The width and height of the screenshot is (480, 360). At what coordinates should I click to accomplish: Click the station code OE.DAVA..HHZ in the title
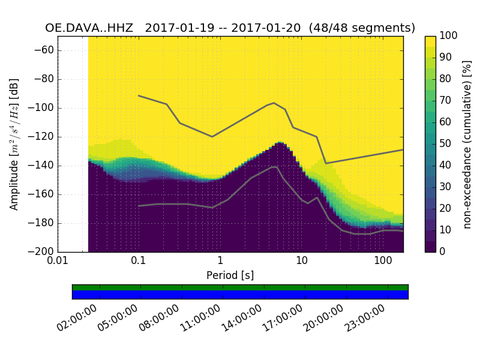91,28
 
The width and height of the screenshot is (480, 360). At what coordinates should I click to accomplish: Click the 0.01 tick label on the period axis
58,262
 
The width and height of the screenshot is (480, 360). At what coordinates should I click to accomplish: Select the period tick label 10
302,262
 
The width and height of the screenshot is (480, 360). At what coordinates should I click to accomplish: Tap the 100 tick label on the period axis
383,262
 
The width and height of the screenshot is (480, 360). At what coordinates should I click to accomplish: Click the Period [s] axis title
230,275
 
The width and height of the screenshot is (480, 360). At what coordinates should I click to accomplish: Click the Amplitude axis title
14,144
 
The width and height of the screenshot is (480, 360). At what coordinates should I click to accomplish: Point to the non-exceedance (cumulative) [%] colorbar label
468,144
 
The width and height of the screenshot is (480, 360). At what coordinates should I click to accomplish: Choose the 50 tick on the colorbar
447,144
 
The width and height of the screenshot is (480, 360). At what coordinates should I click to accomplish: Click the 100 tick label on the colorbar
449,36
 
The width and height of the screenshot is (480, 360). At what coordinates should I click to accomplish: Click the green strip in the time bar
240,287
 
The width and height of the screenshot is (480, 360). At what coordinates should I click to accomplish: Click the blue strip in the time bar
240,294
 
